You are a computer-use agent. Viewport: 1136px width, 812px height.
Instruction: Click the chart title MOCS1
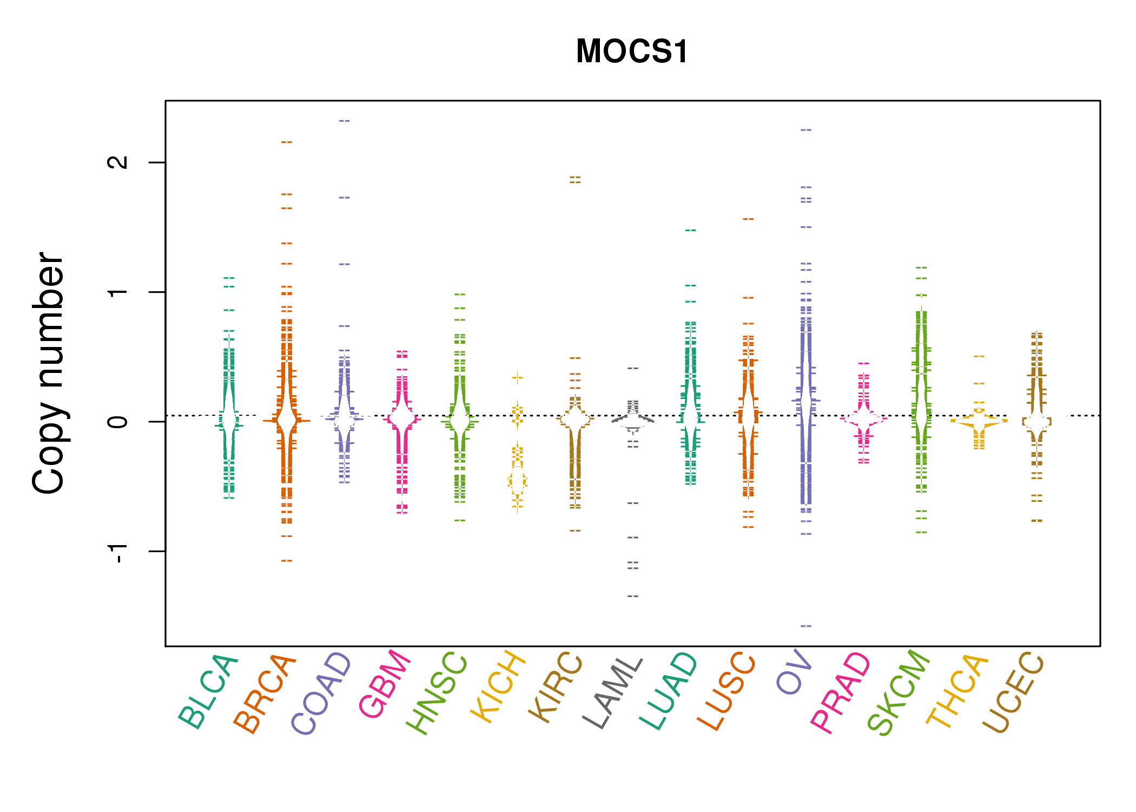[632, 51]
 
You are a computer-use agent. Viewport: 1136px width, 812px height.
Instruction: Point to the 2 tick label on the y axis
[118, 162]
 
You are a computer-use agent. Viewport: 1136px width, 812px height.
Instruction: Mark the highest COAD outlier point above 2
[345, 121]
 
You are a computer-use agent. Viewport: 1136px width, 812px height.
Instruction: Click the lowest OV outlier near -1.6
[806, 626]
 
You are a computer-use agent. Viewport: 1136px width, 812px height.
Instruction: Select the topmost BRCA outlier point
[287, 142]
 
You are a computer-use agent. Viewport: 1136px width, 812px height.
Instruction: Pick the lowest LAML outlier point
[633, 596]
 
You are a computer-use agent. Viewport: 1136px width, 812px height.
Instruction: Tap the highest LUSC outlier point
[748, 219]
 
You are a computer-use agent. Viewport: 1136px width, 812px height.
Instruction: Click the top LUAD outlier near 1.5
[691, 231]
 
